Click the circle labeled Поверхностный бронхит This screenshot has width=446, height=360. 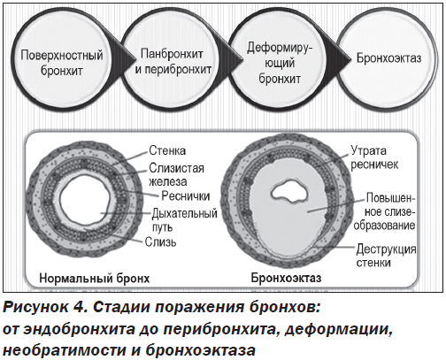[62, 63]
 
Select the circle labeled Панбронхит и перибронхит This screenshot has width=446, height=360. [173, 62]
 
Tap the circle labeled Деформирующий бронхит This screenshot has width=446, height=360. [280, 63]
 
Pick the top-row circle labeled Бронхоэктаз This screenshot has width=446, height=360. [388, 58]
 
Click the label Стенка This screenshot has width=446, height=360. [167, 150]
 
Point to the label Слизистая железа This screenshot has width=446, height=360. [176, 174]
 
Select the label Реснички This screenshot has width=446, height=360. [186, 196]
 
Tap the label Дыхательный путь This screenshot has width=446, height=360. [185, 220]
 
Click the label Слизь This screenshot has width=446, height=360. [160, 242]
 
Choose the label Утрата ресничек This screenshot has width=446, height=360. [374, 157]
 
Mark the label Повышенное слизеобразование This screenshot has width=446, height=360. [385, 211]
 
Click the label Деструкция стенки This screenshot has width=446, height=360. [386, 256]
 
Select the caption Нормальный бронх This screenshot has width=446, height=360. [95, 279]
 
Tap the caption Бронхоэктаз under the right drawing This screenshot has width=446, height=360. [286, 278]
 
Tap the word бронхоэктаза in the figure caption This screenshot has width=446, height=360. [200, 350]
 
